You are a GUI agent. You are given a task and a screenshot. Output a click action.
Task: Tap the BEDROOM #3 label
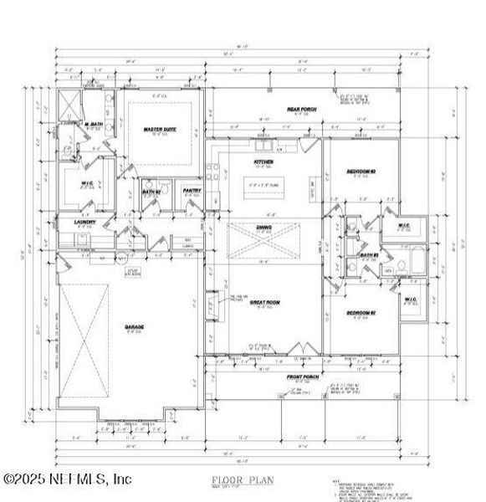coord(361,172)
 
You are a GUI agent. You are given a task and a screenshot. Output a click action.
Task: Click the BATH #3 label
coord(369,255)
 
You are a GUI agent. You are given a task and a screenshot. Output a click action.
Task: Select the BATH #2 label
coord(151,192)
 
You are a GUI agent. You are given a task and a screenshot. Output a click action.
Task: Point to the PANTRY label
coord(192,191)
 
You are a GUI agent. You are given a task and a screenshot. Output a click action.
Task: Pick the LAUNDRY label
coord(84,222)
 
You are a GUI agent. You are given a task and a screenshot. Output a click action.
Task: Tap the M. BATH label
coord(93,125)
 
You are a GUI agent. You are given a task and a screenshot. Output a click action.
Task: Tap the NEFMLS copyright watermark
coord(66,479)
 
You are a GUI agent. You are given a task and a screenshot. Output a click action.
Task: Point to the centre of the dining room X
coord(265,240)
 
